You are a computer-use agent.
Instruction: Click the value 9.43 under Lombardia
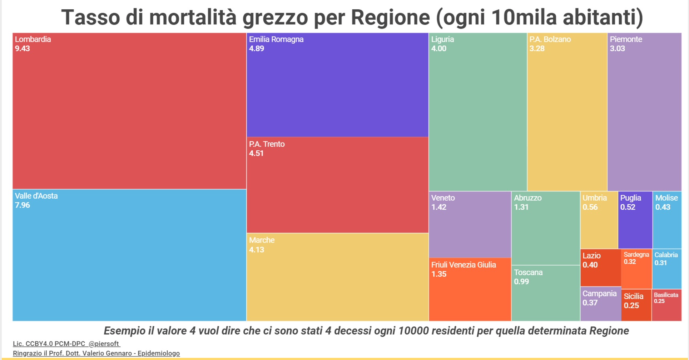click(23, 49)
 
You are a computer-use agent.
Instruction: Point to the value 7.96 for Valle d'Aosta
click(23, 205)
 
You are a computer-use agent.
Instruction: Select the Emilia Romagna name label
click(276, 39)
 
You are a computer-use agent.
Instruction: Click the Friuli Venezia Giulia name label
click(464, 265)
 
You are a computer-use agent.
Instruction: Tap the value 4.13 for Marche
click(257, 250)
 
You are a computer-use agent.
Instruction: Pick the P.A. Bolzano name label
click(550, 39)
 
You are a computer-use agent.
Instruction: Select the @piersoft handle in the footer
click(104, 344)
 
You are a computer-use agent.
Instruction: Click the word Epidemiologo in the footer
click(159, 354)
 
